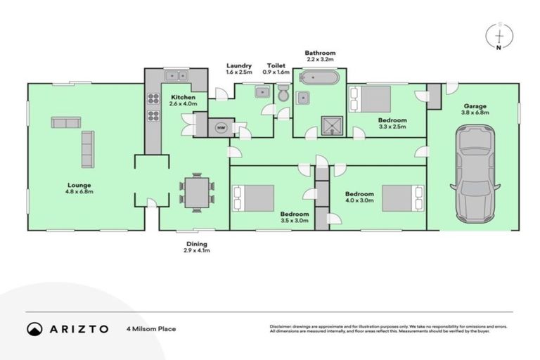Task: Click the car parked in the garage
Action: (x=475, y=172)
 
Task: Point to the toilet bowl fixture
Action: (x=282, y=94)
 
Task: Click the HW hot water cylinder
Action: (x=221, y=127)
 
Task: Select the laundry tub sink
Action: (x=262, y=91)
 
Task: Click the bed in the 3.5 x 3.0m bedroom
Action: (x=252, y=197)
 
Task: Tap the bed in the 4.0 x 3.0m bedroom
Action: (x=401, y=196)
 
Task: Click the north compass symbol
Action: (x=499, y=35)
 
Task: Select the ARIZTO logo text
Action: (x=77, y=328)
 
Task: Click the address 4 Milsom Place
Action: (x=150, y=328)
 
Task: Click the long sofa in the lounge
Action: (x=88, y=149)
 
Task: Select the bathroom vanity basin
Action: (x=304, y=97)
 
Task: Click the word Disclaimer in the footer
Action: (x=281, y=326)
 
